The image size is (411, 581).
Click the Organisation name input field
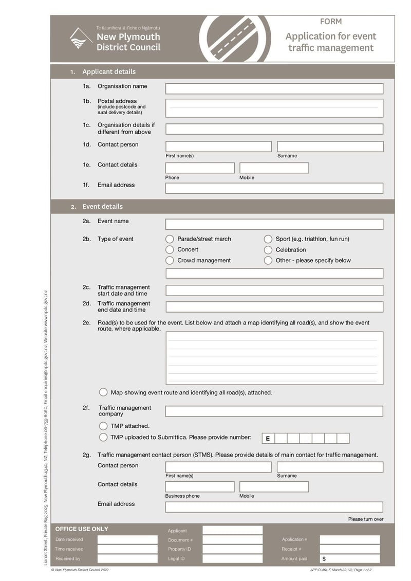point(274,88)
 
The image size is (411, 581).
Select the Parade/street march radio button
point(170,239)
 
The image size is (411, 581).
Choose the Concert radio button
point(170,250)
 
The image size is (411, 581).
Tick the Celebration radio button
point(268,250)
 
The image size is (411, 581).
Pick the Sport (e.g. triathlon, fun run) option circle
point(268,239)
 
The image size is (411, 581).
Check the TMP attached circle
point(103,426)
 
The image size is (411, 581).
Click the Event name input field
point(274,224)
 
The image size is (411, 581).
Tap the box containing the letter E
point(268,439)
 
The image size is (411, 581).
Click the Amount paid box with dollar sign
point(349,558)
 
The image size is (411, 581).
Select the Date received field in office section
point(127,540)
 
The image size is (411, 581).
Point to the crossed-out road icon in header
point(235,39)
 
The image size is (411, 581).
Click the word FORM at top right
point(330,22)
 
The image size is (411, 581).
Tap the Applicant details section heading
point(109,72)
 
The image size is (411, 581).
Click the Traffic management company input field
point(274,411)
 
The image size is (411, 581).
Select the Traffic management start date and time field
point(274,290)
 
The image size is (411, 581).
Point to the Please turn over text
point(365,519)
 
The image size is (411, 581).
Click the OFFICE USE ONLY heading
point(82,529)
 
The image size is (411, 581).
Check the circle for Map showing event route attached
point(103,392)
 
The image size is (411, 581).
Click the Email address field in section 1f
point(274,188)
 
